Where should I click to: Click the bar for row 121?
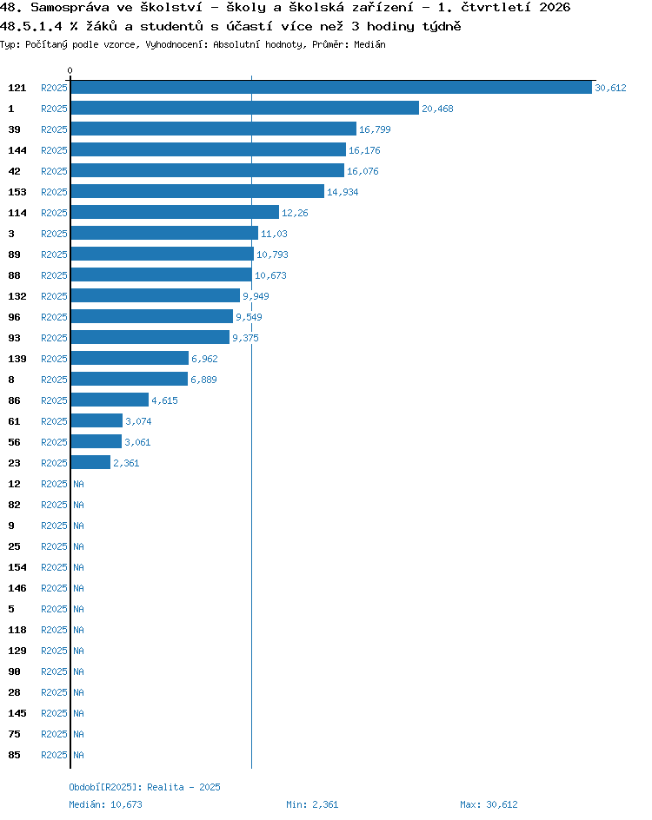pos(331,88)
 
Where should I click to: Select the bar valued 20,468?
pos(245,109)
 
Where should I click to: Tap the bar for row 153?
pos(198,191)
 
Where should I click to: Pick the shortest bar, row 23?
pos(90,462)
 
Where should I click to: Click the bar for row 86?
pos(110,400)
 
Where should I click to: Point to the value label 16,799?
pos(375,129)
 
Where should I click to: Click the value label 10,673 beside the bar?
pos(270,275)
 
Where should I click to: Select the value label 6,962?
pos(204,359)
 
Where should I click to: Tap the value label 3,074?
pos(139,421)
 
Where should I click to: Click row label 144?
pos(17,150)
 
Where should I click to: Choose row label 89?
pos(14,255)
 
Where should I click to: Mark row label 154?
pos(17,567)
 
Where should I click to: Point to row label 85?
pos(14,755)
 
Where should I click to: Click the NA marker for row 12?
pos(78,484)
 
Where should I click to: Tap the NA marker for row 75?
pos(78,734)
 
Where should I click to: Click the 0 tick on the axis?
pos(70,70)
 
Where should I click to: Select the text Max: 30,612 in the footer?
pos(489,804)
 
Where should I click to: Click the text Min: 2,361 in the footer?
pos(312,804)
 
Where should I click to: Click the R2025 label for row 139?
pos(55,359)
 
